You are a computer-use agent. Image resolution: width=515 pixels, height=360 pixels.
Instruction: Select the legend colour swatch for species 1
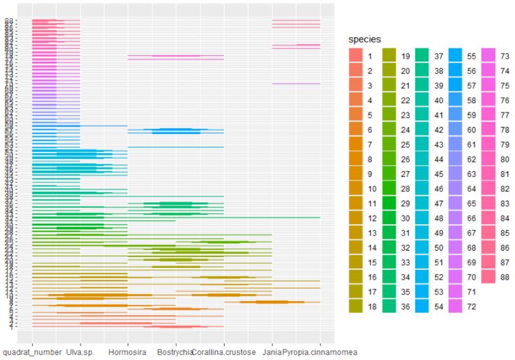(x=356, y=56)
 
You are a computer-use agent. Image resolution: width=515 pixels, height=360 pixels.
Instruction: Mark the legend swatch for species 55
(x=456, y=56)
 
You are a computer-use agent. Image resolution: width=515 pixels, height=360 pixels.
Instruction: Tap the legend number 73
(x=505, y=56)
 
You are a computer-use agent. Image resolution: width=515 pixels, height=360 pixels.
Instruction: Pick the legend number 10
(x=371, y=188)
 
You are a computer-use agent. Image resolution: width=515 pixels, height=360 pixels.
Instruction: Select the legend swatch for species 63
(x=456, y=174)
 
